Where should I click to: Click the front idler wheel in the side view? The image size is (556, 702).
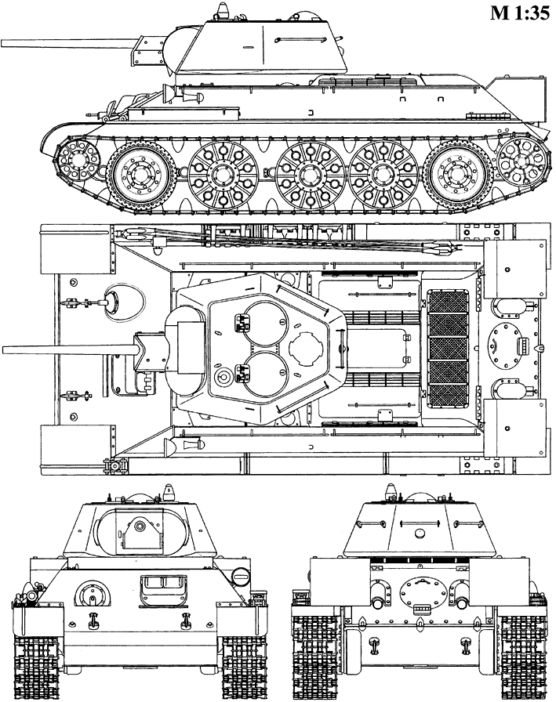[x=78, y=162]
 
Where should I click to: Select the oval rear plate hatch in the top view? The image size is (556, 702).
[x=501, y=345]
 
